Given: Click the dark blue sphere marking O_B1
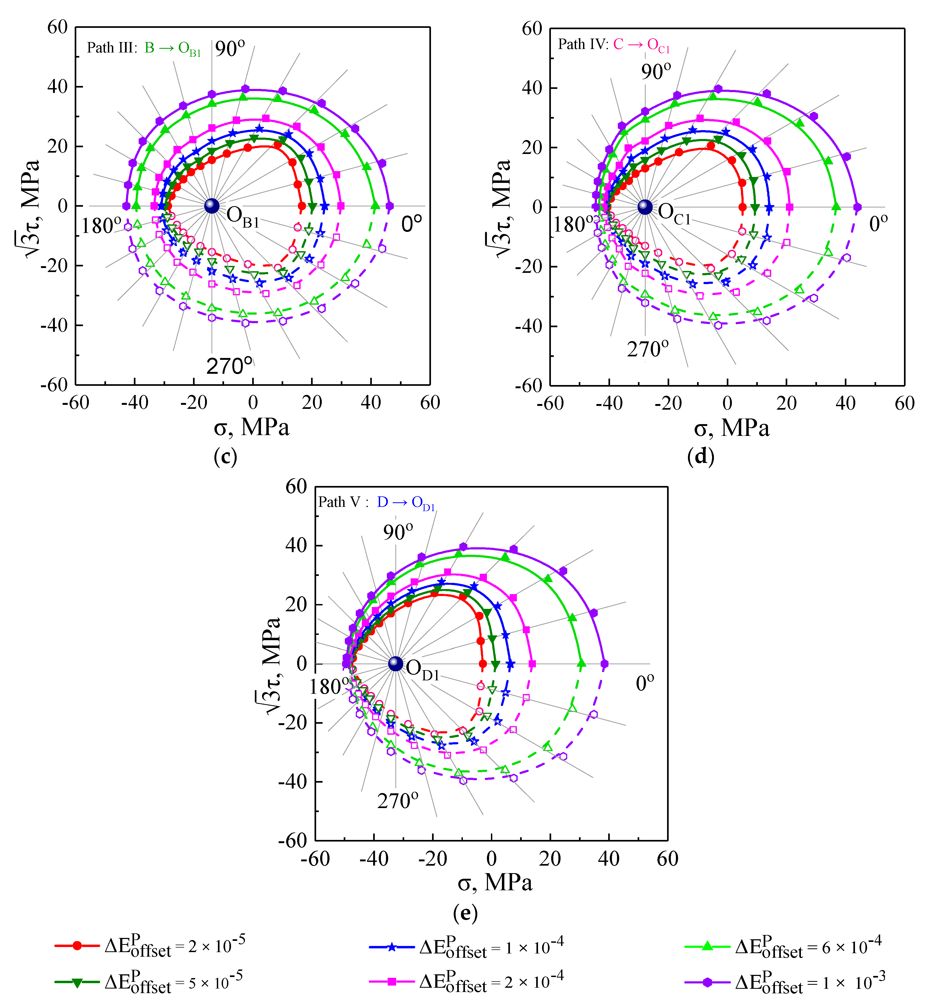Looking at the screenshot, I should [212, 206].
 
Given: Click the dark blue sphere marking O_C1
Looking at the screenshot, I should [645, 207].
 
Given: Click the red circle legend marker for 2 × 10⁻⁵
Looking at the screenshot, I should [77, 946].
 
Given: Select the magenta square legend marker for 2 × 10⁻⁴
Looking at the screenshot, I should [392, 981].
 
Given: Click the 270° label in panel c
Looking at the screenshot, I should [229, 366].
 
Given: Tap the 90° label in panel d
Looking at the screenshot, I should [656, 71].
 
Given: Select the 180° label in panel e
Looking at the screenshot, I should [329, 687].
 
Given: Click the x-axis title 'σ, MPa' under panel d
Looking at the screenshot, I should [731, 428].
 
